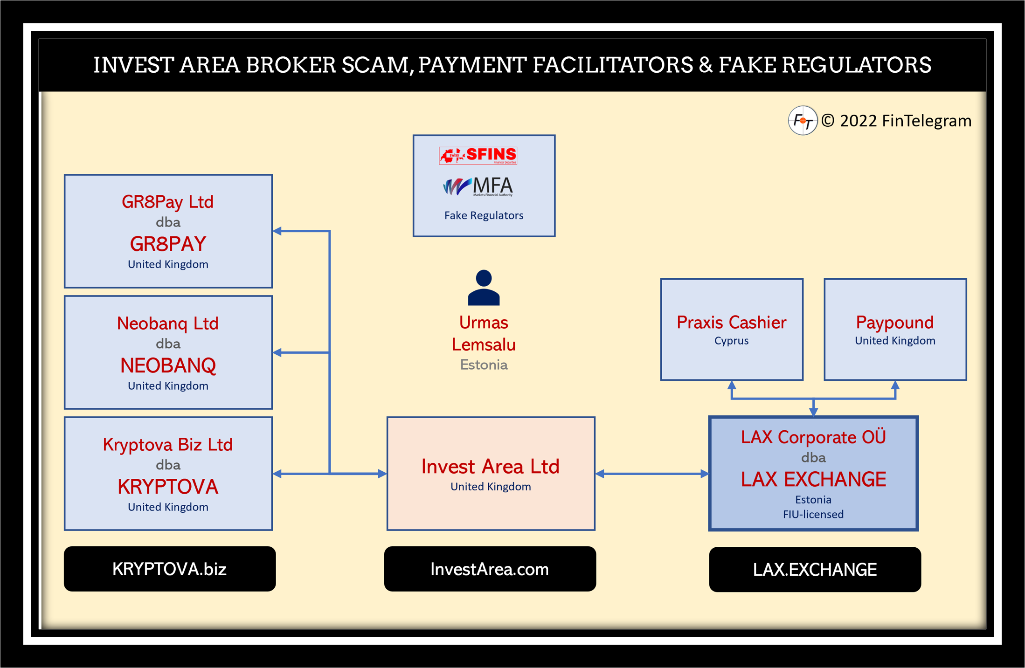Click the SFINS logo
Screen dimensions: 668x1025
478,155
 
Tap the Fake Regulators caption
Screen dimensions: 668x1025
484,215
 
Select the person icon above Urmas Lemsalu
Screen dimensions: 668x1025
484,288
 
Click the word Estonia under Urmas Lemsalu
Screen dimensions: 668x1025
484,365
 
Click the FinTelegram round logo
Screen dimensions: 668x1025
803,121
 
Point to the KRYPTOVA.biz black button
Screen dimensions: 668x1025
170,569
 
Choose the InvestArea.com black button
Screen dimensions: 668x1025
490,569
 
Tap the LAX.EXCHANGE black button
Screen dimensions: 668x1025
815,569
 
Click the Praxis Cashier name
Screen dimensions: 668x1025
731,322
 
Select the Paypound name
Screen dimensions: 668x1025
894,322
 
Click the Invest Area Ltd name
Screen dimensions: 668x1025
490,466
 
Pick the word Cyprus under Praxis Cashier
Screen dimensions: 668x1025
731,341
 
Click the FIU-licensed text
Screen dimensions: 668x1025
813,514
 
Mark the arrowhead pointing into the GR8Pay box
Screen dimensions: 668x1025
277,231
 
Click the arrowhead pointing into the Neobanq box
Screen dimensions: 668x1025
277,352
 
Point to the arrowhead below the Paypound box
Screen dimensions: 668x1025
895,386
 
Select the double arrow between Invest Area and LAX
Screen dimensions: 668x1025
652,474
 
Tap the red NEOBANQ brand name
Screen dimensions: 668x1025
168,365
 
